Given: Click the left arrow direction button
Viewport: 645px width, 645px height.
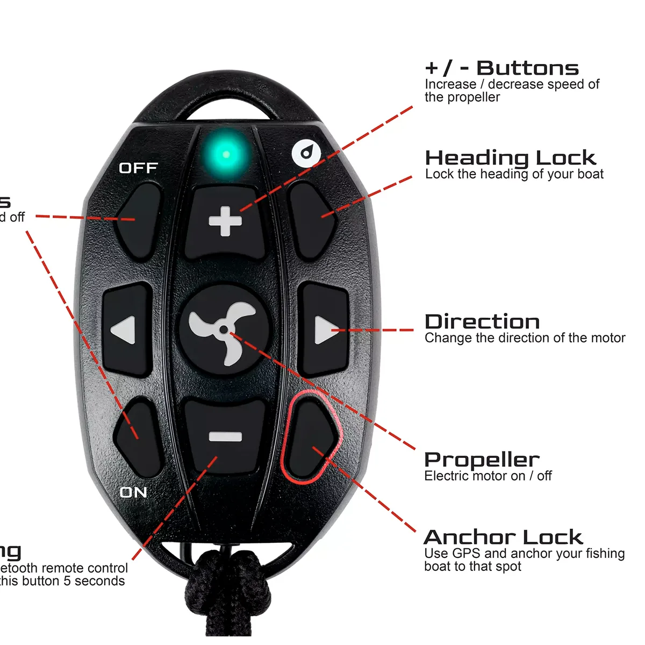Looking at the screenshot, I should pyautogui.click(x=127, y=329).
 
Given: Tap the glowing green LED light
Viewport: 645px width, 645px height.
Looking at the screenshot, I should pyautogui.click(x=226, y=154).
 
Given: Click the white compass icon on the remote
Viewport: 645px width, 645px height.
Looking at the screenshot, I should pyautogui.click(x=306, y=154).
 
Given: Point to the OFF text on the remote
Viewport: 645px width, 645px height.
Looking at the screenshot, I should pyautogui.click(x=138, y=168).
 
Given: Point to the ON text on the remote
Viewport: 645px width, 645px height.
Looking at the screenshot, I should pyautogui.click(x=133, y=492).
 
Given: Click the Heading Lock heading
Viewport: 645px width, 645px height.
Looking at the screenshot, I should pyautogui.click(x=510, y=158).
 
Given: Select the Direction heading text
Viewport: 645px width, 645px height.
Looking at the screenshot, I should pyautogui.click(x=482, y=322).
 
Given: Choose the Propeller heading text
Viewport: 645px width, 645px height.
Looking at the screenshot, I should pyautogui.click(x=482, y=460).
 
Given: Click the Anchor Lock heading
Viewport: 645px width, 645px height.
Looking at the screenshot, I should pyautogui.click(x=503, y=537).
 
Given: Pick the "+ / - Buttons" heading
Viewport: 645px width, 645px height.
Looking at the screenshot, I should pyautogui.click(x=501, y=68).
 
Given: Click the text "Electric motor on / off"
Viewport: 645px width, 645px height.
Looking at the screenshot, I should pyautogui.click(x=488, y=476).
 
